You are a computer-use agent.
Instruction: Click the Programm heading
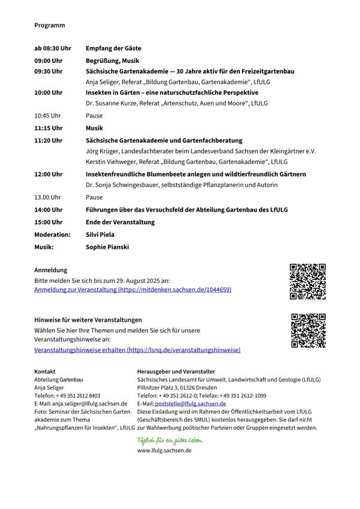tap(49, 25)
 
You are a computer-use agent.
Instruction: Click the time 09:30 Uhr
tap(49, 71)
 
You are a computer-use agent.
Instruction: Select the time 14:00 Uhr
tap(49, 210)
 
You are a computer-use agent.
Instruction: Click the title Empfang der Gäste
tap(113, 48)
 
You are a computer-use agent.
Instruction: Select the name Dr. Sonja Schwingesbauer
tap(124, 185)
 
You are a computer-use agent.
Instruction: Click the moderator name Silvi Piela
tap(100, 234)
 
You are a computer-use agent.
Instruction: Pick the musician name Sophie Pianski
tap(107, 246)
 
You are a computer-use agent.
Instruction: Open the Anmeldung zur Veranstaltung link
tap(133, 290)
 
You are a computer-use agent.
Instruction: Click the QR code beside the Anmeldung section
tap(307, 281)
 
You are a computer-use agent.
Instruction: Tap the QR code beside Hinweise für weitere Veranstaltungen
tap(308, 330)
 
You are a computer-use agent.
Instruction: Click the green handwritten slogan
tap(170, 440)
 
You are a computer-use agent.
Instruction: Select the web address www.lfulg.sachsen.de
tap(164, 450)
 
